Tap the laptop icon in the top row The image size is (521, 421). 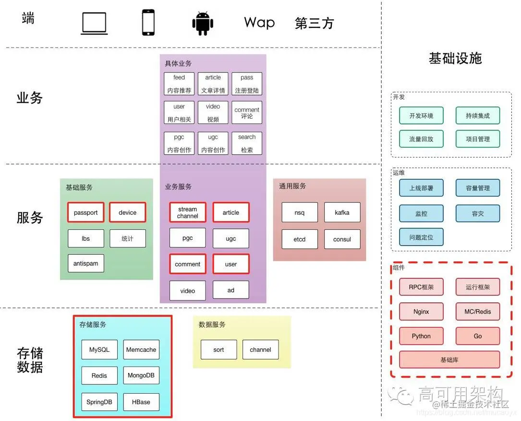click(94, 23)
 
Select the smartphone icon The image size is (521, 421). click(148, 23)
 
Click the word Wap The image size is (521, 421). click(259, 23)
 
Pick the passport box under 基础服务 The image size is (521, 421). click(85, 212)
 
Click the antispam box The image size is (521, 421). click(85, 263)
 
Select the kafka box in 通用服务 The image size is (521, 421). click(342, 212)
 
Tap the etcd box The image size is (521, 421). click(299, 239)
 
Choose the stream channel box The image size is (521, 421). click(187, 212)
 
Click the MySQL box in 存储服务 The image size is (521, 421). click(99, 350)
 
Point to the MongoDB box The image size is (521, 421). click(141, 375)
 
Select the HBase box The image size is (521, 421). click(141, 402)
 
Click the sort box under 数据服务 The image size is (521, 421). click(218, 350)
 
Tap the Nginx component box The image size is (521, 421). click(421, 311)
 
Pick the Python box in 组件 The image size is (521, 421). click(421, 336)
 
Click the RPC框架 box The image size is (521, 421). click(421, 287)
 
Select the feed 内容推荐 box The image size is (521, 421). click(179, 84)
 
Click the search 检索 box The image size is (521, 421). click(247, 143)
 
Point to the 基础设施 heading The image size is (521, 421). click(455, 59)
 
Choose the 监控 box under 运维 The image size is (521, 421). click(421, 213)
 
